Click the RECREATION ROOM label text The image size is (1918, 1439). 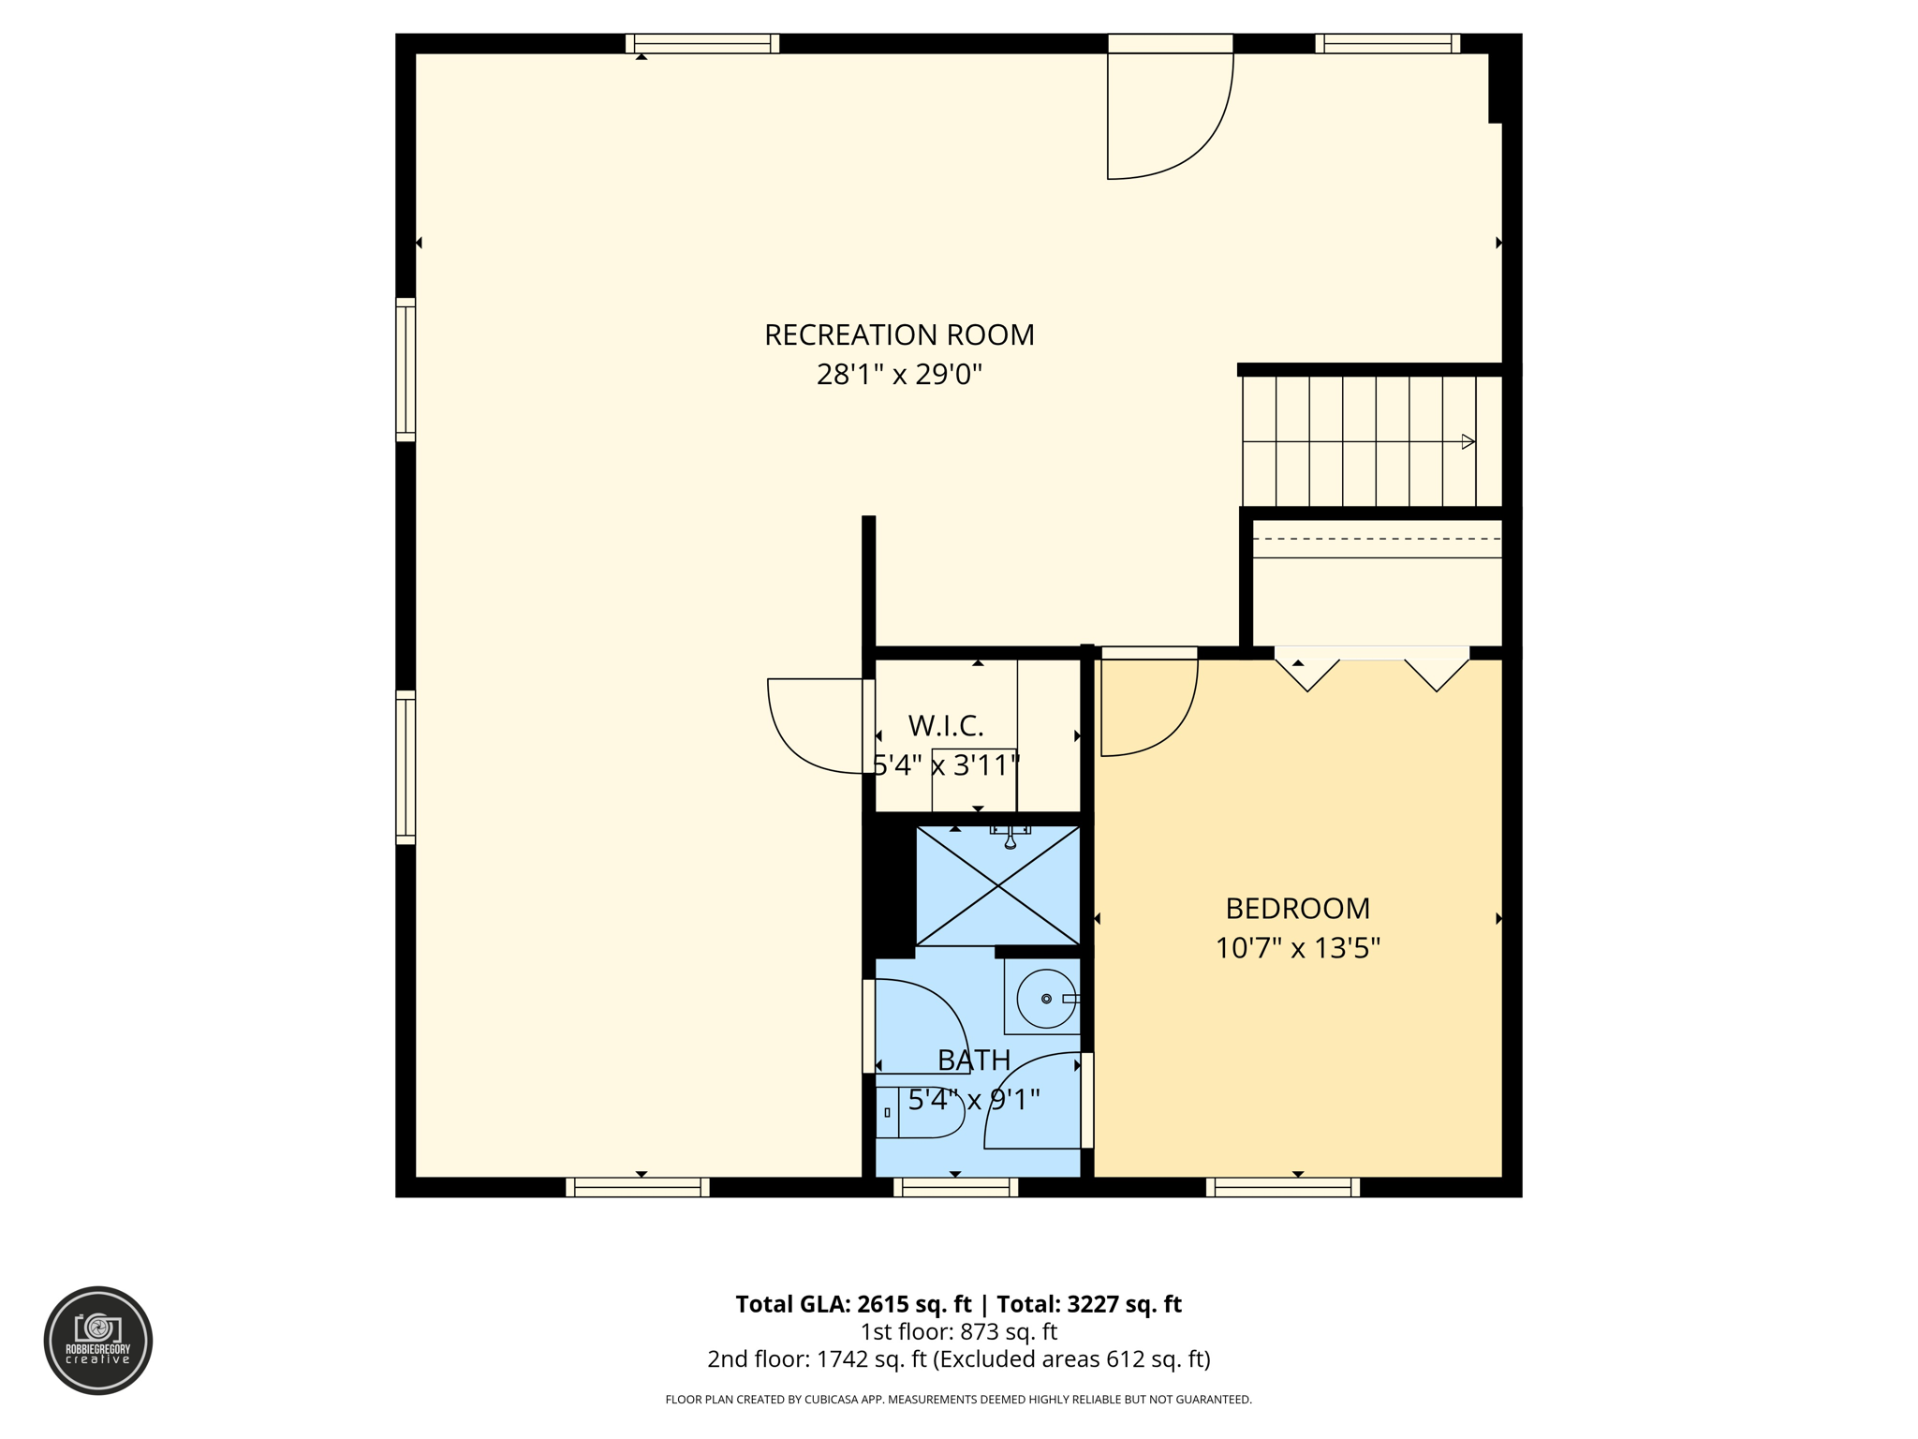point(899,334)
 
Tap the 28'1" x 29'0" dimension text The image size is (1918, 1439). point(899,375)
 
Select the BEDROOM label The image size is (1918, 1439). point(1297,908)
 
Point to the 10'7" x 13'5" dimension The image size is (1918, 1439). point(1297,948)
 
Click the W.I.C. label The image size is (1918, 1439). point(946,725)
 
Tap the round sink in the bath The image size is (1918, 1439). point(1045,999)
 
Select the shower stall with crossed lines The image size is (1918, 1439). point(997,885)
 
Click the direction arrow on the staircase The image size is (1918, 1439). point(1468,441)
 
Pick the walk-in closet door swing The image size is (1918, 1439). point(815,726)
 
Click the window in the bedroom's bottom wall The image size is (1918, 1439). point(1282,1187)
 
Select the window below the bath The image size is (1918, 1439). point(955,1187)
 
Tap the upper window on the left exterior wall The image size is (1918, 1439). point(406,369)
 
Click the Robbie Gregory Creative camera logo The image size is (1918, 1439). point(98,1340)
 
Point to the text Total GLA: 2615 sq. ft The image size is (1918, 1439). point(853,1304)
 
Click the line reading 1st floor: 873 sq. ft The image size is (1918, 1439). point(958,1331)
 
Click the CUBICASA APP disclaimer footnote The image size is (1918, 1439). point(958,1400)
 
